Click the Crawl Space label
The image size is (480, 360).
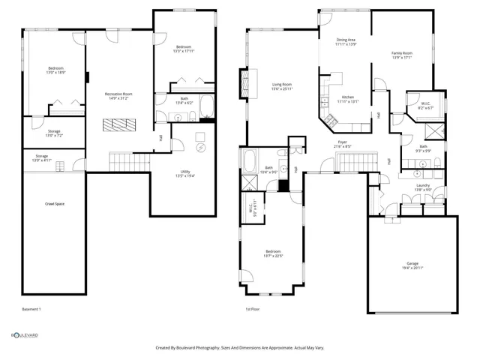54,203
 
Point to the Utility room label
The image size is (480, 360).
184,173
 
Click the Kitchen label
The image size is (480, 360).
348,99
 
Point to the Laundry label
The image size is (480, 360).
422,187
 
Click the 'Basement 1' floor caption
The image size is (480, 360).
31,309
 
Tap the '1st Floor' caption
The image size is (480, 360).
253,309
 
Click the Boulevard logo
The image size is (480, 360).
24,335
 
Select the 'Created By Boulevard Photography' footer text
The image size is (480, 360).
239,348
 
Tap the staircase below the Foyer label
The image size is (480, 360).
352,160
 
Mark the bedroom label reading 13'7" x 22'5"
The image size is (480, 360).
273,253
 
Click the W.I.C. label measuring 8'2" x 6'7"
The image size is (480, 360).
424,106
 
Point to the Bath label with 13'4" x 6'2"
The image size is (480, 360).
184,100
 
